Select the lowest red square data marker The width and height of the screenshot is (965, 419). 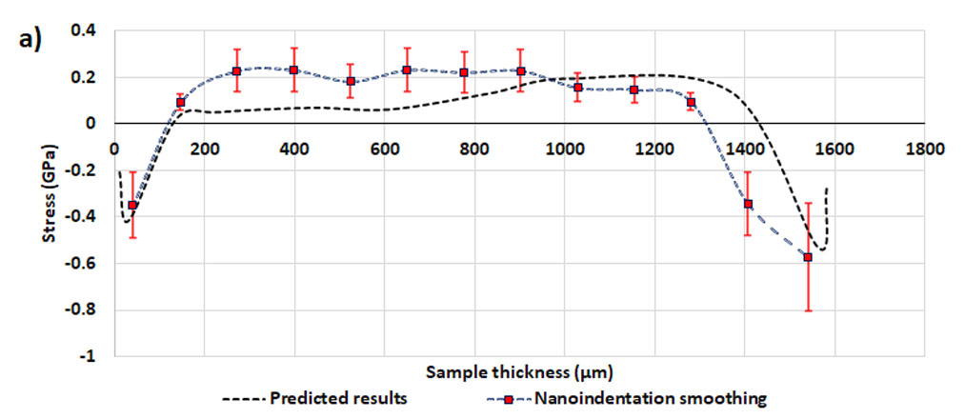tap(808, 257)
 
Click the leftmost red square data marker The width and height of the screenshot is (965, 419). tap(132, 206)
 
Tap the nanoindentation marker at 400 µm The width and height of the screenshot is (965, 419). tap(293, 70)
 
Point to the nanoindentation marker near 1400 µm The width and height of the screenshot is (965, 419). tap(748, 204)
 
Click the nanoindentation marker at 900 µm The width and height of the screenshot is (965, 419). tap(520, 70)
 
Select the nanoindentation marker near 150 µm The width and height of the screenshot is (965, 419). tap(181, 102)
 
